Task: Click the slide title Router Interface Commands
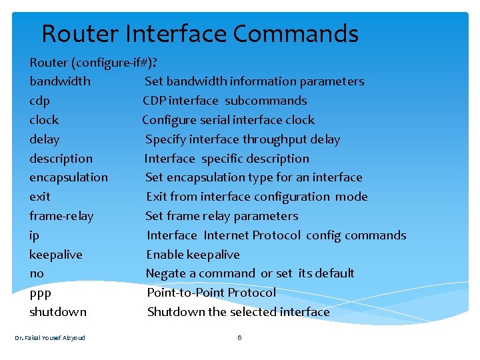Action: click(x=200, y=33)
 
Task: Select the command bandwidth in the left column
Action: click(x=60, y=81)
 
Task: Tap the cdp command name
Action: click(x=39, y=101)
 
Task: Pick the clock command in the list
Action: click(x=44, y=120)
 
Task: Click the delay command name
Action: click(x=45, y=139)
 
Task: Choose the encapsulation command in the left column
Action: click(x=69, y=177)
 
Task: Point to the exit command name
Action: click(x=40, y=197)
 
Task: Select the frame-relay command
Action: click(x=61, y=216)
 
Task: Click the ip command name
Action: click(x=34, y=235)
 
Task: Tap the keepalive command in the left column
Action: click(x=56, y=255)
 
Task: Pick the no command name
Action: click(x=37, y=273)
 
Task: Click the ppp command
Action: click(x=40, y=293)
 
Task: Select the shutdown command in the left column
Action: click(x=58, y=312)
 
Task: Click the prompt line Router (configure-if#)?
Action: click(x=93, y=63)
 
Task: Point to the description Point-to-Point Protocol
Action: click(x=211, y=293)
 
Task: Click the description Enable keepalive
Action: click(x=193, y=255)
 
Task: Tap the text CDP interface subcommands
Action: click(x=225, y=101)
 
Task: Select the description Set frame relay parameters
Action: click(x=222, y=216)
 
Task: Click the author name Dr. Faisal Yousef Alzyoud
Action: click(x=50, y=337)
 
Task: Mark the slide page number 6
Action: click(x=239, y=337)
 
